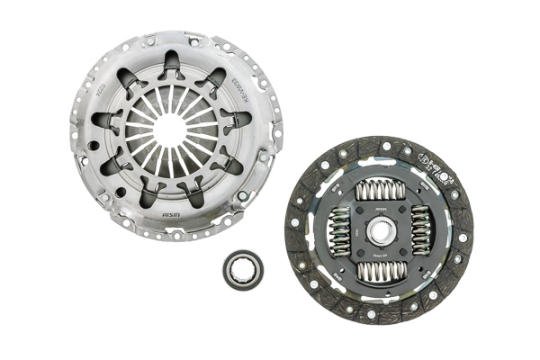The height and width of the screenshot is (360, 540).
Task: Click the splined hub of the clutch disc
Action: [x=378, y=229]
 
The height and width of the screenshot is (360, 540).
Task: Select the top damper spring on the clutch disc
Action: [x=378, y=191]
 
